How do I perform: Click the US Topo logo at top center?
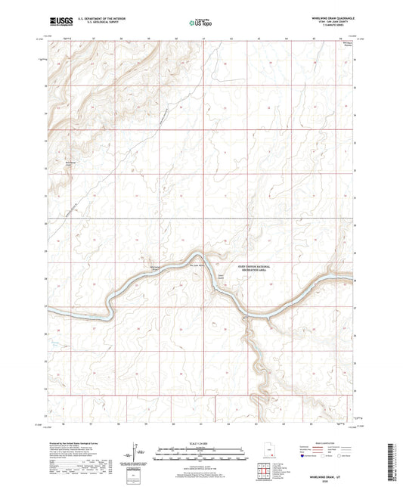pos(200,23)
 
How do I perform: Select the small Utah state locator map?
pos(269,451)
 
